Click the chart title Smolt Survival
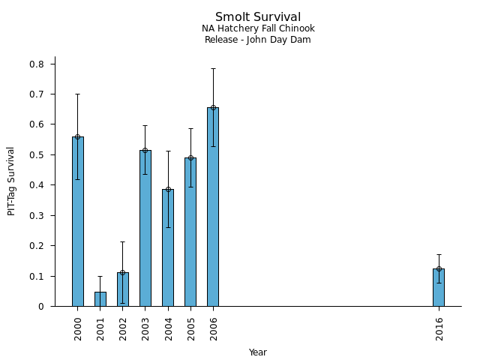(258, 17)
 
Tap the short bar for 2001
(100, 299)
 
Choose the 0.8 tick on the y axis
(37, 64)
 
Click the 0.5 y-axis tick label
(37, 155)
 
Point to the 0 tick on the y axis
(42, 307)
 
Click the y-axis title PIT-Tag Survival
(11, 181)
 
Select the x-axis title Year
(258, 352)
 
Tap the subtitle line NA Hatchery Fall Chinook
(258, 29)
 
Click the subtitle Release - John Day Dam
(258, 40)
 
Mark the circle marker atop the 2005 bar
(190, 158)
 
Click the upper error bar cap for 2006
(213, 68)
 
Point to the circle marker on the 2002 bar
(123, 272)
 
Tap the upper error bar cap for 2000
(78, 94)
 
